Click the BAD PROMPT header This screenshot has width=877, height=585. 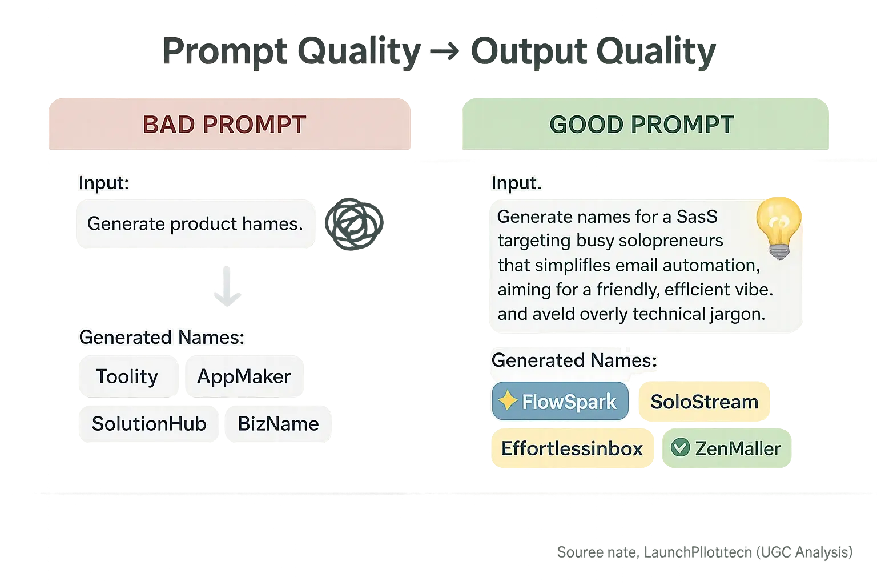point(224,125)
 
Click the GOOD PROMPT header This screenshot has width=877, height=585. point(641,125)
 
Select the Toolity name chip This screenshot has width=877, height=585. point(127,376)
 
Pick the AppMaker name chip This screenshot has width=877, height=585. point(244,376)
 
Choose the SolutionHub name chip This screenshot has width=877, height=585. point(148,423)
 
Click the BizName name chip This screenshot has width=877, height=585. point(278,423)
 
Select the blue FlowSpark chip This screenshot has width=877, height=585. point(560,402)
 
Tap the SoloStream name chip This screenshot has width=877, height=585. point(704,402)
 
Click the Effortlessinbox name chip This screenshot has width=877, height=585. point(572,448)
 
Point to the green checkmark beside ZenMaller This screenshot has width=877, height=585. point(680,447)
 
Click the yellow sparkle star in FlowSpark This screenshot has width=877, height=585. point(507,401)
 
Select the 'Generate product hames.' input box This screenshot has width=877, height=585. point(195,223)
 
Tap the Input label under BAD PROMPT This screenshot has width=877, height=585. point(103,183)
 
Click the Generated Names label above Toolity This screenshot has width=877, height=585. point(161,337)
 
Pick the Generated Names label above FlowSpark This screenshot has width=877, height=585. point(574,360)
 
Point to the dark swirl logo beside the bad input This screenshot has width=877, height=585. point(353,223)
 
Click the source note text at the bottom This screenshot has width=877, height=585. point(704,552)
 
